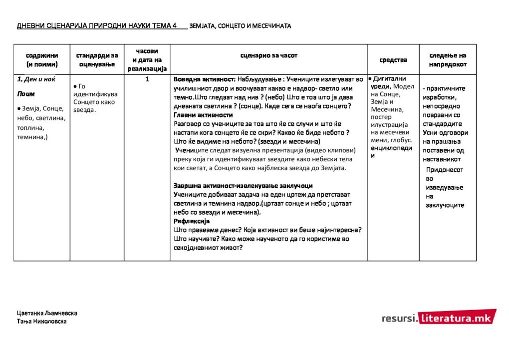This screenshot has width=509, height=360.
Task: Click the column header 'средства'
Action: coord(393,60)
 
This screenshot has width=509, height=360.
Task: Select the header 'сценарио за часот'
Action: coord(268,55)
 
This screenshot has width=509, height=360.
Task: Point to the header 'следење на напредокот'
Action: coord(448,60)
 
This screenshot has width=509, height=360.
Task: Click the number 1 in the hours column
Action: coord(148,79)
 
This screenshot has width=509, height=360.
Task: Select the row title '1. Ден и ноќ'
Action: coord(36,79)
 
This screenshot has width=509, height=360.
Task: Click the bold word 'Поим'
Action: coord(26,93)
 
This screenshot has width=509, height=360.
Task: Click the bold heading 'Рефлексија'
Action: coord(192,221)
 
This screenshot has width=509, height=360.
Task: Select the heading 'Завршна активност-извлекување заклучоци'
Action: coord(243,186)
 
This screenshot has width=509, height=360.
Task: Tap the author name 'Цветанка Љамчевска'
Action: coord(47,313)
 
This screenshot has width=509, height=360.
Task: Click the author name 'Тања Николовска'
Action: coord(42,321)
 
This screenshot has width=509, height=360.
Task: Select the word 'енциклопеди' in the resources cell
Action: coord(392,148)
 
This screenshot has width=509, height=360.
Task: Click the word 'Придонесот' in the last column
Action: coord(444,170)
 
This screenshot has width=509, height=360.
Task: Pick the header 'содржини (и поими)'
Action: coord(42,60)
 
